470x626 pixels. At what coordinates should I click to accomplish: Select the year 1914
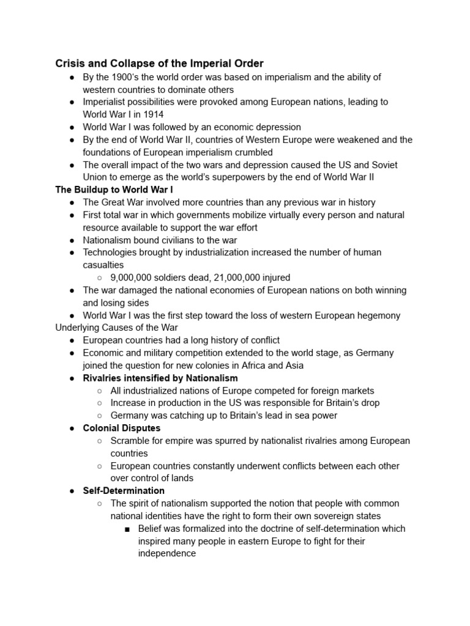(x=153, y=114)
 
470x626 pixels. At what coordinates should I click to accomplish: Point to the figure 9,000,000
(x=133, y=278)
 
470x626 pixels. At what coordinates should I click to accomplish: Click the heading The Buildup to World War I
(x=114, y=190)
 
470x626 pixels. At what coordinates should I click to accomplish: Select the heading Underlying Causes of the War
(x=116, y=328)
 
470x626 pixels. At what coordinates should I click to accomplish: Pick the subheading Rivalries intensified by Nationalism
(x=160, y=378)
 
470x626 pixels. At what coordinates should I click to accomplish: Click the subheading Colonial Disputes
(x=122, y=428)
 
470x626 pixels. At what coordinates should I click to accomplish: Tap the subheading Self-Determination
(x=124, y=490)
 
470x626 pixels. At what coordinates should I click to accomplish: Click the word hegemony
(x=379, y=315)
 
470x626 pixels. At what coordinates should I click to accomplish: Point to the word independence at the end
(x=167, y=553)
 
